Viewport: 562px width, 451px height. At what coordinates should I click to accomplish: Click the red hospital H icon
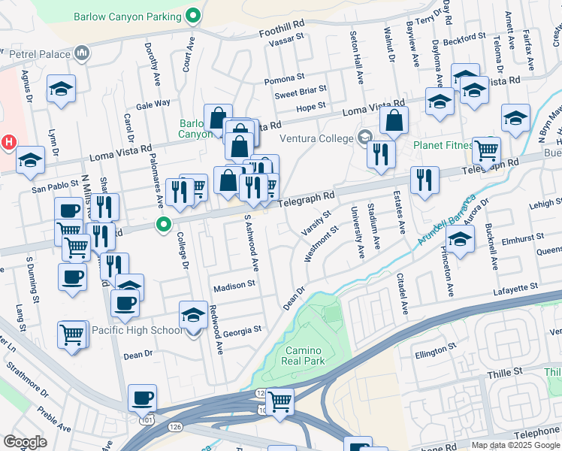coord(8,141)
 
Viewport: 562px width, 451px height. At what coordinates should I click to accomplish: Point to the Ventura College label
coord(316,138)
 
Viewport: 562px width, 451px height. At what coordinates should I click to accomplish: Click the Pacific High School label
coord(137,330)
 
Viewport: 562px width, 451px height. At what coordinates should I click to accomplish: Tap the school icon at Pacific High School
coord(193,315)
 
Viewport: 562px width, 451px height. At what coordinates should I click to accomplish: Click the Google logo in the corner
coord(26,441)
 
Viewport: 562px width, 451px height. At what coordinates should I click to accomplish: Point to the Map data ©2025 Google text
coord(516,445)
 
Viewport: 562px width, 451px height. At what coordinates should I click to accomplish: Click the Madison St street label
coord(234,286)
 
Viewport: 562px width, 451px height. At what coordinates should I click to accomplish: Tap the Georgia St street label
coord(242,329)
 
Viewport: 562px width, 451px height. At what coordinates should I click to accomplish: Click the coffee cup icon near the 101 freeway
coord(141,397)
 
